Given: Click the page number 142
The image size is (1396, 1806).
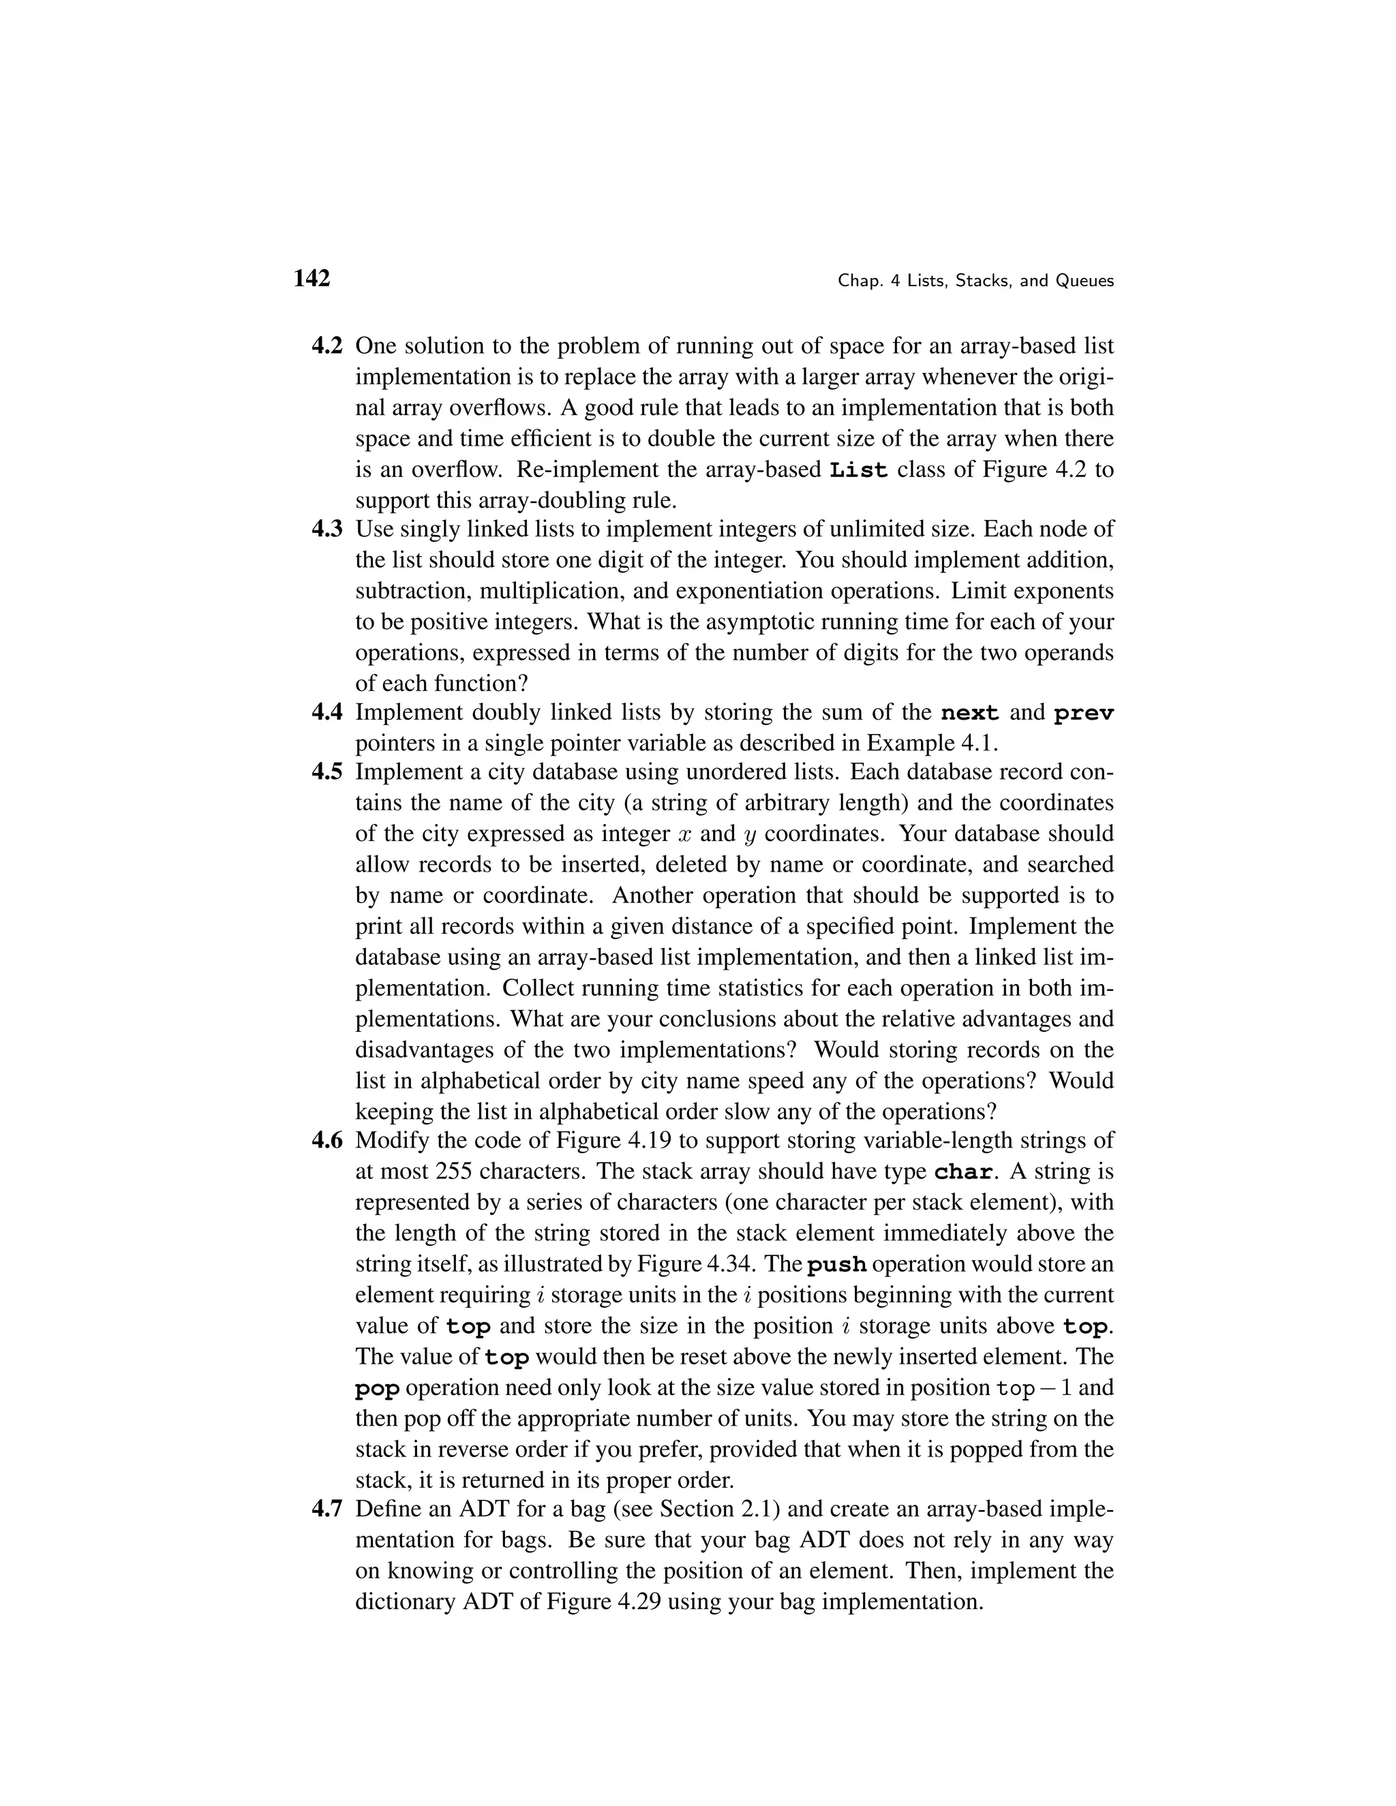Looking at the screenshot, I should click(x=312, y=279).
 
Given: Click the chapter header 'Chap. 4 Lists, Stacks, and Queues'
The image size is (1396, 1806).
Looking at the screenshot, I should click(x=976, y=281).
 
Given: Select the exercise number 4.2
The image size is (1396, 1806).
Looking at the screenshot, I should click(x=327, y=346).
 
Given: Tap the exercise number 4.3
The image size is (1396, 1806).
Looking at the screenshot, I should click(x=327, y=530).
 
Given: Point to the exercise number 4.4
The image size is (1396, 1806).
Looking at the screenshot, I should click(x=327, y=712).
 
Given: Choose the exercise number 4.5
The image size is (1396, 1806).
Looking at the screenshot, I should click(x=327, y=772).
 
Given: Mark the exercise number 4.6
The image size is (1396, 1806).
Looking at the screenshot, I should click(x=327, y=1141).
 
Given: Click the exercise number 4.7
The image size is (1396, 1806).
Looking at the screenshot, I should click(x=327, y=1510).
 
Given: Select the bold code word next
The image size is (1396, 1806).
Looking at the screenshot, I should click(x=970, y=713).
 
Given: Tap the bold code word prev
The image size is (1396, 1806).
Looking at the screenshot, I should click(x=1083, y=713).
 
